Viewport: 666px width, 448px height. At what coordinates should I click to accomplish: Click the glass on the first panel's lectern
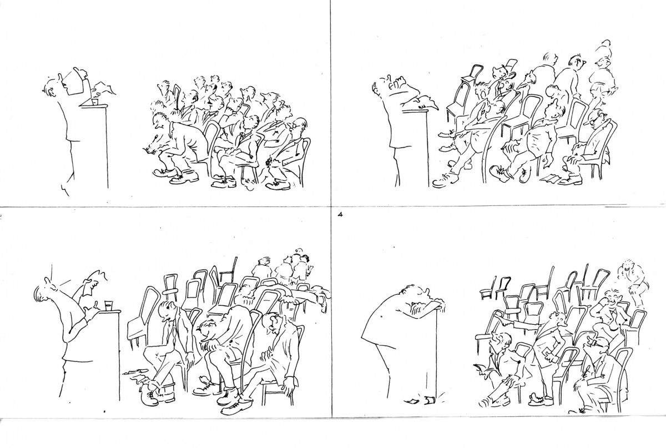[95, 102]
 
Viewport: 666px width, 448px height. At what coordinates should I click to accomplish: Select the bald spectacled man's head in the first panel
[299, 124]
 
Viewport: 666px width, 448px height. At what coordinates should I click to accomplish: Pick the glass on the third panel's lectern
[109, 305]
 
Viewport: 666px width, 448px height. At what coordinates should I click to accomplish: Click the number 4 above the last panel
[340, 214]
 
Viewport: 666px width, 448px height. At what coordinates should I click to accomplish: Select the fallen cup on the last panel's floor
[428, 400]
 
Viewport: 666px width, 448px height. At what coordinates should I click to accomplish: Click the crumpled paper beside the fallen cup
[412, 401]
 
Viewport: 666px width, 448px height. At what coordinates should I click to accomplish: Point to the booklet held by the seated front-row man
[478, 368]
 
